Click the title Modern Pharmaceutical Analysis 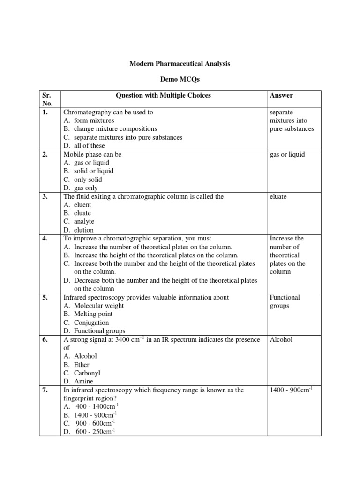tap(180, 63)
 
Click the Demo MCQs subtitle tap(180, 80)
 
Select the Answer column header tap(281, 95)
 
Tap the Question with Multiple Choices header tap(163, 95)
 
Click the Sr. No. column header tap(47, 99)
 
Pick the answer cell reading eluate tap(278, 196)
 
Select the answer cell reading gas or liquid tap(287, 154)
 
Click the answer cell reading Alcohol tap(281, 339)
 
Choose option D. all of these tap(84, 146)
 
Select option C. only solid tap(82, 180)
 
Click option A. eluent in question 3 tap(77, 205)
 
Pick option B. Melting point tap(88, 314)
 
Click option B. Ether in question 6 tap(76, 365)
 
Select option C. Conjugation tap(86, 322)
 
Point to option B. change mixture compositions tap(110, 129)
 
